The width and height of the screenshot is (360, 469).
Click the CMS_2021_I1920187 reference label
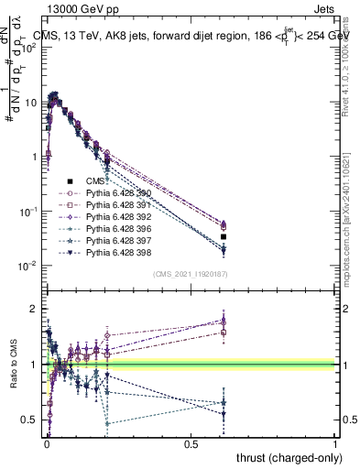click(x=190, y=274)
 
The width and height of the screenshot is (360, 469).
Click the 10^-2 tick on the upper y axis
click(x=32, y=266)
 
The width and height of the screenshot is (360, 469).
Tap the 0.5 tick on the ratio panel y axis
click(x=33, y=420)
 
